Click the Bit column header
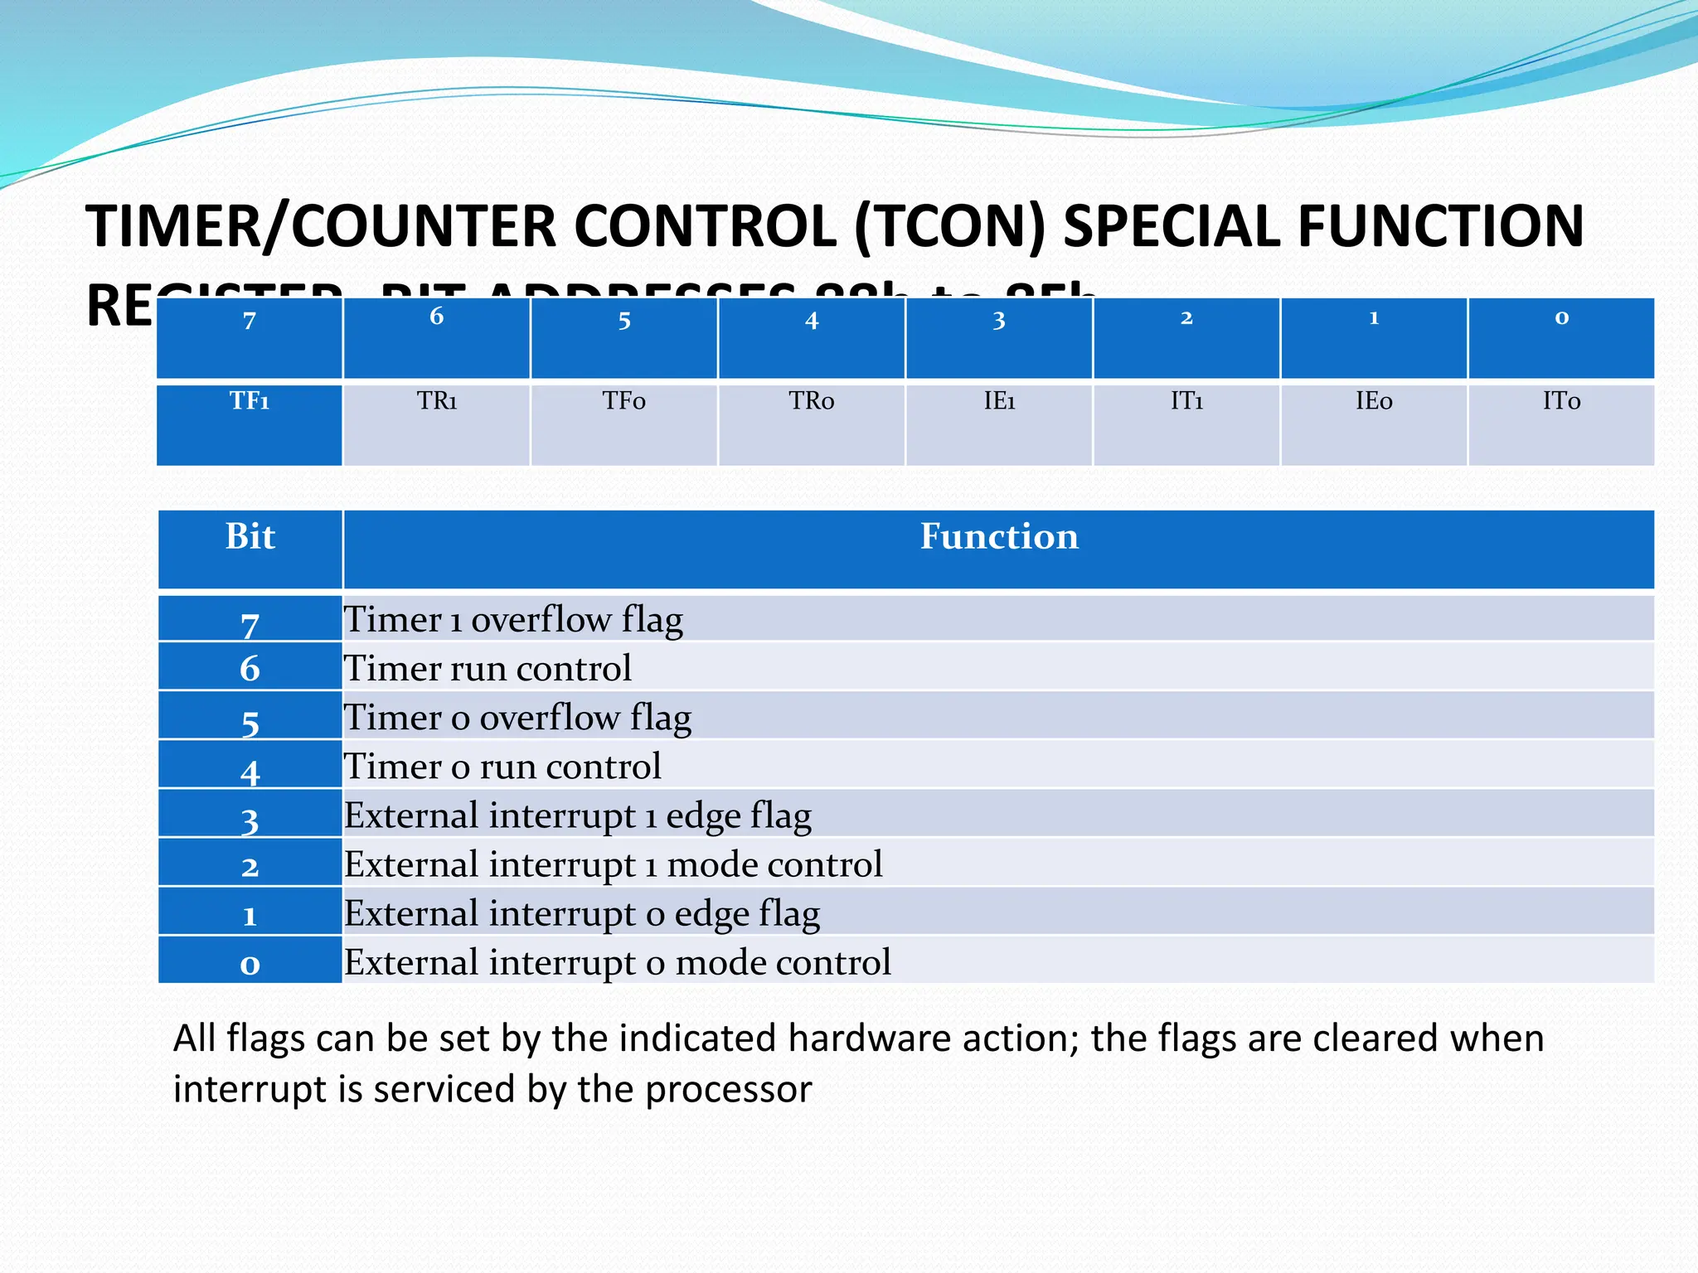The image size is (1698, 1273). [x=250, y=537]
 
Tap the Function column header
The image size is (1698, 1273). [x=999, y=537]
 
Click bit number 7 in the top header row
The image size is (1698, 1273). [x=250, y=321]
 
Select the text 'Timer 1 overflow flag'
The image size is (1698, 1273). [x=513, y=620]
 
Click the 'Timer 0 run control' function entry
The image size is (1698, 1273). [x=502, y=767]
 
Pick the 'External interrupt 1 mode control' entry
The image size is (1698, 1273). [x=614, y=864]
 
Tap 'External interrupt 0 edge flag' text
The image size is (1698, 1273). [x=582, y=914]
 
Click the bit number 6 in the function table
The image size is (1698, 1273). [x=250, y=669]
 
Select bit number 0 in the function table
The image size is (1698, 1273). [x=250, y=963]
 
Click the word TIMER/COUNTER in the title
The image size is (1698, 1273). [x=323, y=226]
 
